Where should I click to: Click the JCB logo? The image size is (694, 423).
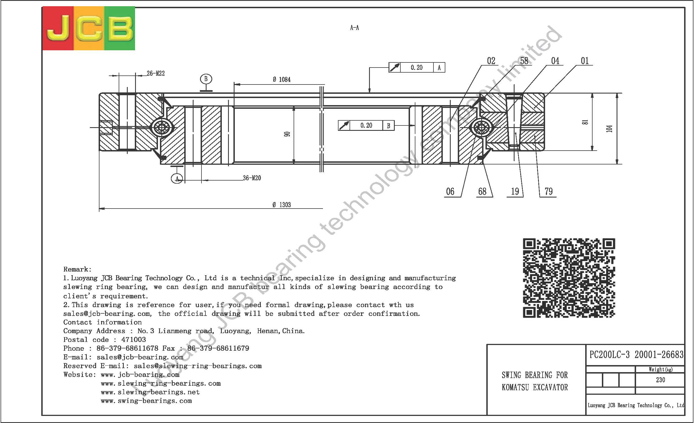coord(89,28)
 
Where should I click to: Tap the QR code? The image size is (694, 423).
coord(569,278)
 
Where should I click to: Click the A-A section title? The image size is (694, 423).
coord(354,28)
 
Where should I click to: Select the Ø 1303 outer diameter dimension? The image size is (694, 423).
coord(282,205)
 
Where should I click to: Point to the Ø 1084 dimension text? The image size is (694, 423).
coord(282,80)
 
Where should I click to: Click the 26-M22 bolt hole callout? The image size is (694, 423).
coord(155,73)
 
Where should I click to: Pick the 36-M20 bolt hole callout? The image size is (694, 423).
coord(252,178)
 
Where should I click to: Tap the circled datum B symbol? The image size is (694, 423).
coord(206,79)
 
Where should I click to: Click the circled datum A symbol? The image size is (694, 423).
coord(177,179)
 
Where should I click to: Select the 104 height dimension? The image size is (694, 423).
coord(609,129)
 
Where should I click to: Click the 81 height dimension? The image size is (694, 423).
coord(585,122)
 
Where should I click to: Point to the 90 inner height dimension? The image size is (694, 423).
coord(287,134)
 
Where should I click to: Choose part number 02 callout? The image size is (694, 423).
coord(491,61)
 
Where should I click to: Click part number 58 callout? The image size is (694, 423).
coord(524,61)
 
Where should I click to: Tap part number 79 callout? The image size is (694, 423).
coord(548,192)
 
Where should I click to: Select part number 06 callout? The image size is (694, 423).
coord(450,192)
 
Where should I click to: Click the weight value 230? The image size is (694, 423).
coord(660,380)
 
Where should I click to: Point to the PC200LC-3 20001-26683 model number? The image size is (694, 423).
coord(636,355)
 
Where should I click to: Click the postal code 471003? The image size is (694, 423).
coord(134,340)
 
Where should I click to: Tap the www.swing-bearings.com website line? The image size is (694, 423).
coord(146,401)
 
